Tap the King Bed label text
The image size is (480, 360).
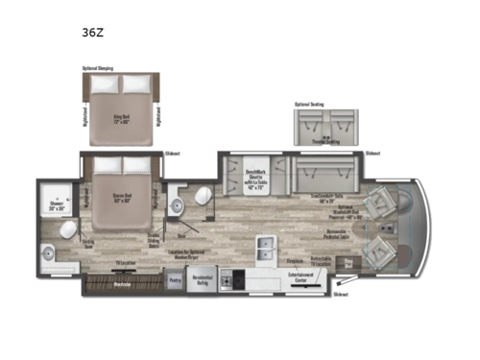coord(119,97)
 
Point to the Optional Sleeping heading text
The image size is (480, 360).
coord(100,69)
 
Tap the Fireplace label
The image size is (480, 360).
coord(296,259)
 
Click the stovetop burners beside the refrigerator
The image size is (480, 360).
coord(234,280)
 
